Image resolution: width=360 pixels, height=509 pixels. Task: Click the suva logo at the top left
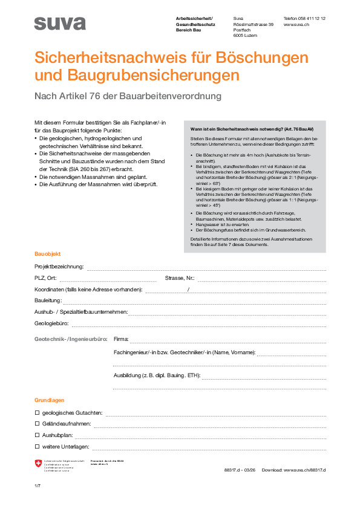(60, 24)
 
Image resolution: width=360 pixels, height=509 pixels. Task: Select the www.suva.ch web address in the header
(296, 25)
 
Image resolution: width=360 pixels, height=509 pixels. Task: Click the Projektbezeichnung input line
(206, 267)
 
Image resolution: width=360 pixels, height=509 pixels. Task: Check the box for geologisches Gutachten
(37, 413)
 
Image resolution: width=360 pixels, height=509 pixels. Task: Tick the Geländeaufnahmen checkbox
(37, 424)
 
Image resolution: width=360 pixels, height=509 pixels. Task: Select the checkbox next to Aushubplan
(37, 435)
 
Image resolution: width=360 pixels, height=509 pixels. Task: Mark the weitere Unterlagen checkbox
(37, 447)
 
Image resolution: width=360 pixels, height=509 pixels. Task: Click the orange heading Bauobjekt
(48, 254)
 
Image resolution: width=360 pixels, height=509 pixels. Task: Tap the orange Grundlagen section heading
(50, 400)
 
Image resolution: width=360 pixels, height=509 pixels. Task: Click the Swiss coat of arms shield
(39, 464)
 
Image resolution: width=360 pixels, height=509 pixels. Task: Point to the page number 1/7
(38, 486)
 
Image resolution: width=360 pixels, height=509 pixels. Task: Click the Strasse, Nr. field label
(180, 278)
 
